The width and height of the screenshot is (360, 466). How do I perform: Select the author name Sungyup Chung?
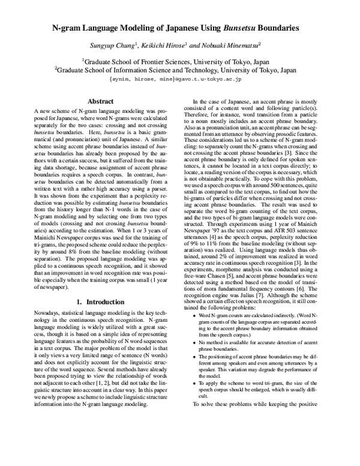[x=111, y=46]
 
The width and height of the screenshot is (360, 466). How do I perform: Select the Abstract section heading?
[x=101, y=101]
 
